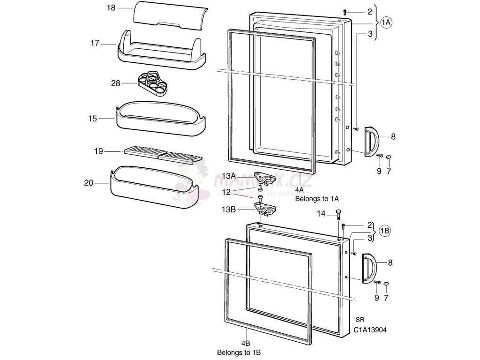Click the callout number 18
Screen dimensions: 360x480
111,8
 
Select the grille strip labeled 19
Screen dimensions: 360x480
163,155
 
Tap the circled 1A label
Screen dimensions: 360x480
386,22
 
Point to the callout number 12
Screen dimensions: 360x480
226,192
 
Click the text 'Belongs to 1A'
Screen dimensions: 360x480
317,199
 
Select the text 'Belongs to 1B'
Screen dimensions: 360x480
239,352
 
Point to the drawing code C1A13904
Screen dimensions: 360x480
370,330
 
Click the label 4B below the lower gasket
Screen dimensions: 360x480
245,343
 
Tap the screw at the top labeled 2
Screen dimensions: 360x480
345,11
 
